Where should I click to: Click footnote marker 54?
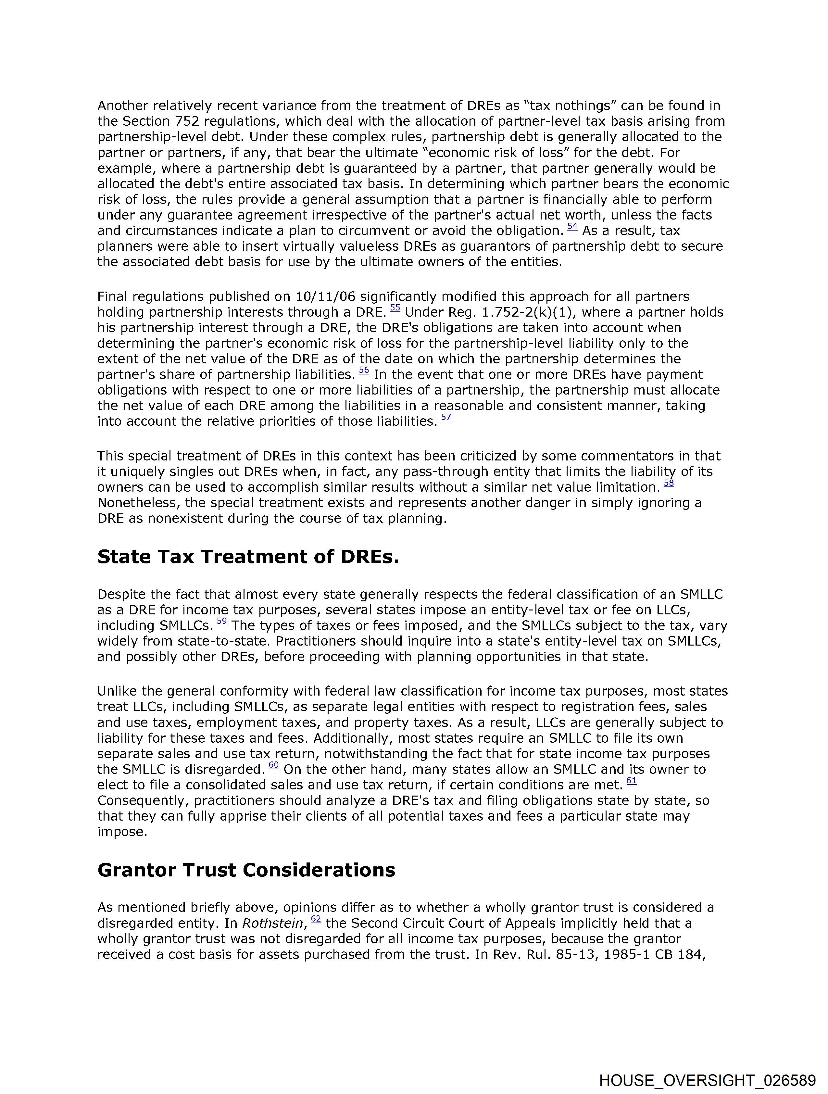(572, 227)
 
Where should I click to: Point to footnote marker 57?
(446, 417)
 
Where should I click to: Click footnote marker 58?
(669, 483)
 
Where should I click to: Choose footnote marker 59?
(221, 622)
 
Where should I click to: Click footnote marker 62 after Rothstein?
(316, 919)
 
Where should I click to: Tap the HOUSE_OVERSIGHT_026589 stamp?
(707, 1080)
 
